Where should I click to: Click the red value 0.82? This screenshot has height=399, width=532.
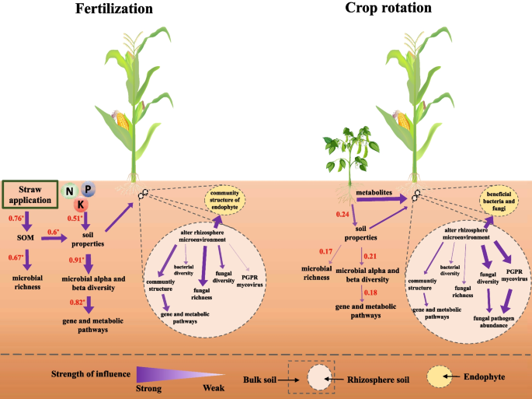pyautogui.click(x=79, y=302)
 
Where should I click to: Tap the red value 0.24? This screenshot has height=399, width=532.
pyautogui.click(x=342, y=214)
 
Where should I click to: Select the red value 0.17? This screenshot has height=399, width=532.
pyautogui.click(x=327, y=252)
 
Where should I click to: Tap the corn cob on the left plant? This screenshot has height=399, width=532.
pyautogui.click(x=122, y=121)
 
